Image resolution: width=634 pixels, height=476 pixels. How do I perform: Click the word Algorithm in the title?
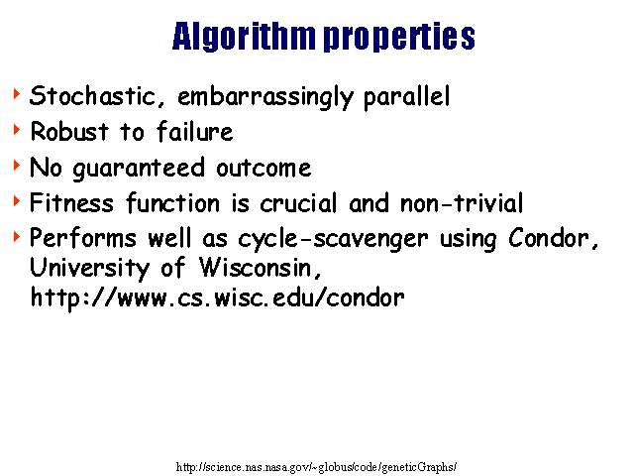click(x=244, y=37)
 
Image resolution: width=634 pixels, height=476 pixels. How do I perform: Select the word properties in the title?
click(x=399, y=37)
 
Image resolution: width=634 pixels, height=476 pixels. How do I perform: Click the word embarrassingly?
click(x=265, y=97)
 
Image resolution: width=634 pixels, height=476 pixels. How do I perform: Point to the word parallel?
click(x=406, y=97)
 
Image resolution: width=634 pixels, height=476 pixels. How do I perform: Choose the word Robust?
click(x=69, y=131)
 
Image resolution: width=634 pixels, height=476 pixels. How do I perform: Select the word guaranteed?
click(x=139, y=169)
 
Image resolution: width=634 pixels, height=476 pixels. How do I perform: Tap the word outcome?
click(x=264, y=169)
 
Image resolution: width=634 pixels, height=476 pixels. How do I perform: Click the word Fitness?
click(x=71, y=202)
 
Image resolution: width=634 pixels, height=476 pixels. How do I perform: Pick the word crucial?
click(x=298, y=202)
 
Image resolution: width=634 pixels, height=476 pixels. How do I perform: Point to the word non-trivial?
click(x=462, y=202)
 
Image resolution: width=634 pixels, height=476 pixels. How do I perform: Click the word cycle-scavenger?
click(x=333, y=239)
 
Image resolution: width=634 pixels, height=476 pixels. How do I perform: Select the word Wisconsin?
click(x=261, y=268)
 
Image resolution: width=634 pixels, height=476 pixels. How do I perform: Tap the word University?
click(x=90, y=269)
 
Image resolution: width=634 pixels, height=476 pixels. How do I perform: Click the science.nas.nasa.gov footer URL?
click(x=317, y=467)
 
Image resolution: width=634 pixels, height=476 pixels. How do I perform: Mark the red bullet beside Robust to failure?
click(x=17, y=130)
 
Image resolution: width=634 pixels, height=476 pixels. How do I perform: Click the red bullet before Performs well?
click(x=17, y=236)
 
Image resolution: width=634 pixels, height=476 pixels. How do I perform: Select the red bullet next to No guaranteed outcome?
click(x=17, y=166)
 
